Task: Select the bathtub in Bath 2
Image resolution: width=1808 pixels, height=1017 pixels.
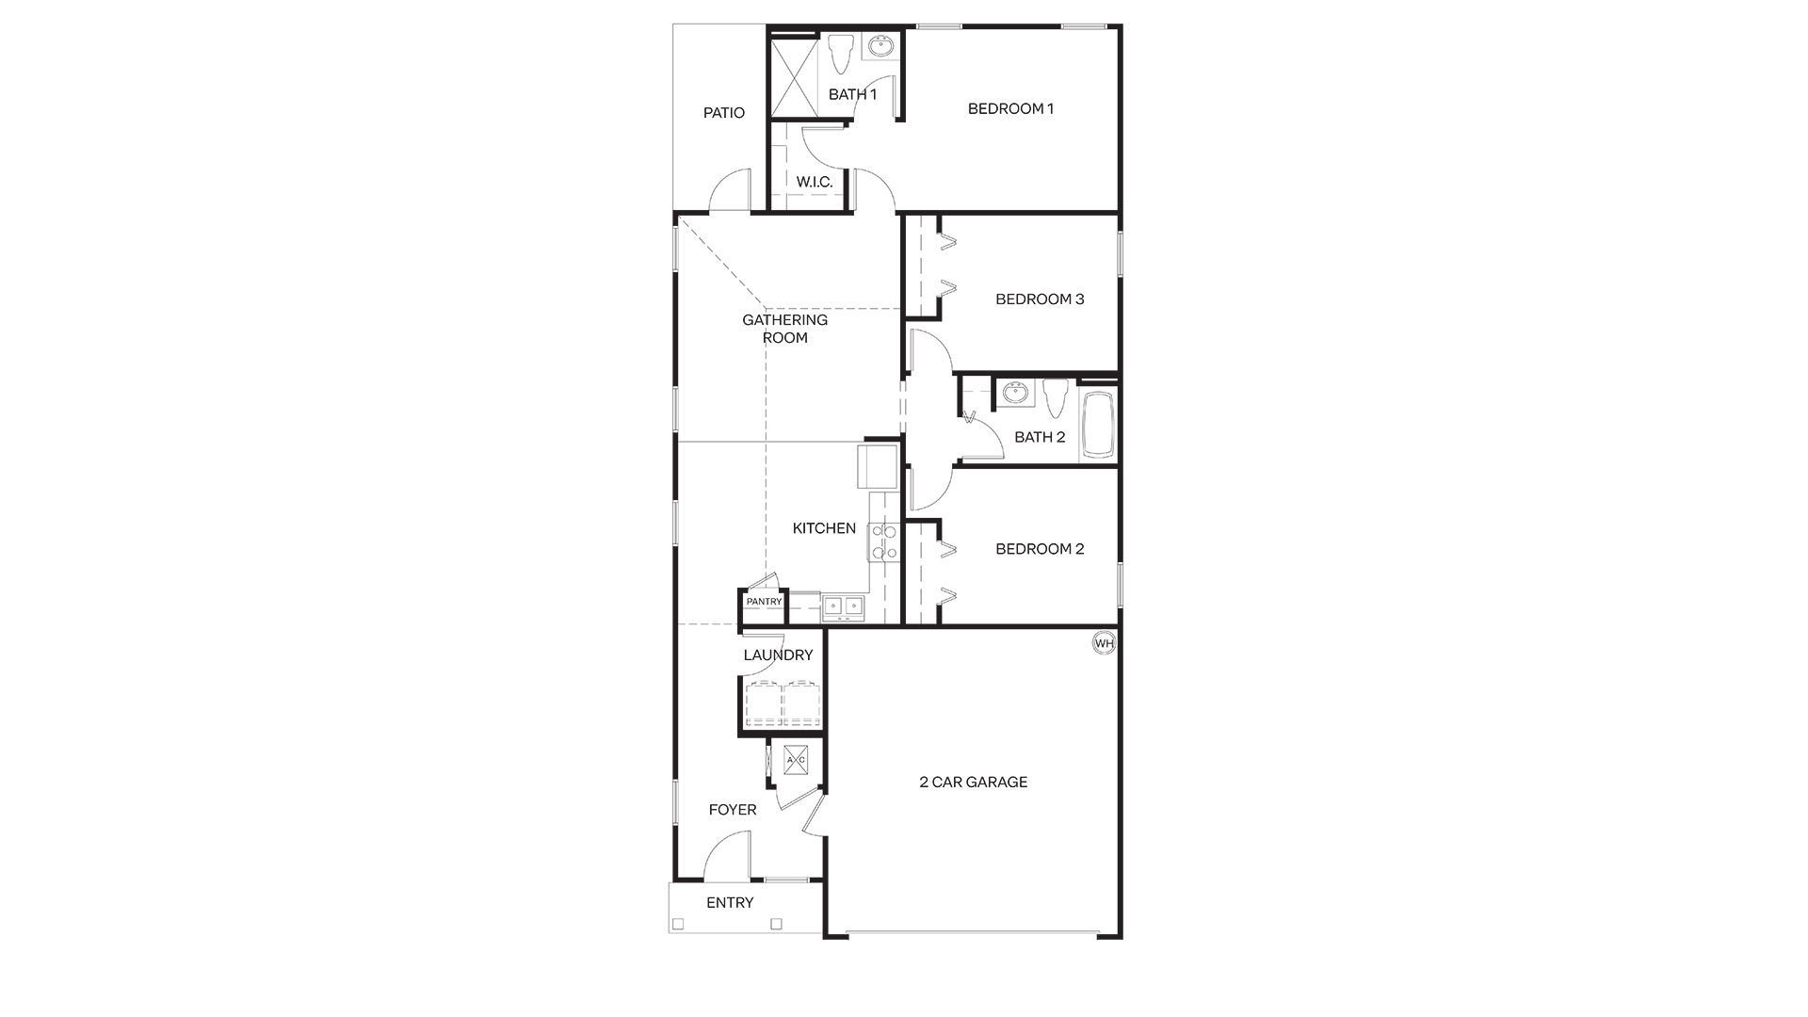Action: coord(1097,425)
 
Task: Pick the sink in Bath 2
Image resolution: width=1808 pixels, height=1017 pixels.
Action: coord(1015,393)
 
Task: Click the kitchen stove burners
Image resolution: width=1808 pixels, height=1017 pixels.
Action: coord(884,541)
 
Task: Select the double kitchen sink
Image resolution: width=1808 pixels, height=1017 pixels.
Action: coord(843,606)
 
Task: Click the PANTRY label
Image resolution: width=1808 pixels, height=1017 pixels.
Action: coord(764,602)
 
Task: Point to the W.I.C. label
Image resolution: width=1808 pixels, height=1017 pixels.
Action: coord(815,182)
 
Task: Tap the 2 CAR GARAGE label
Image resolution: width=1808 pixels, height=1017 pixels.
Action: coord(973,782)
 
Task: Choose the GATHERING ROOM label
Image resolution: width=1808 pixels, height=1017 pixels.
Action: coord(784,329)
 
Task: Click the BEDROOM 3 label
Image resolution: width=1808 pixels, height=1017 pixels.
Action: coord(1040,299)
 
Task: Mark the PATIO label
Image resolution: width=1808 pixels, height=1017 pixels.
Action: coord(724,113)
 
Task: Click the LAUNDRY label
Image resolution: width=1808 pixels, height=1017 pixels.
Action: coord(778,655)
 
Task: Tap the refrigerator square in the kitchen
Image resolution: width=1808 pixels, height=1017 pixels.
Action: coord(877,466)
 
